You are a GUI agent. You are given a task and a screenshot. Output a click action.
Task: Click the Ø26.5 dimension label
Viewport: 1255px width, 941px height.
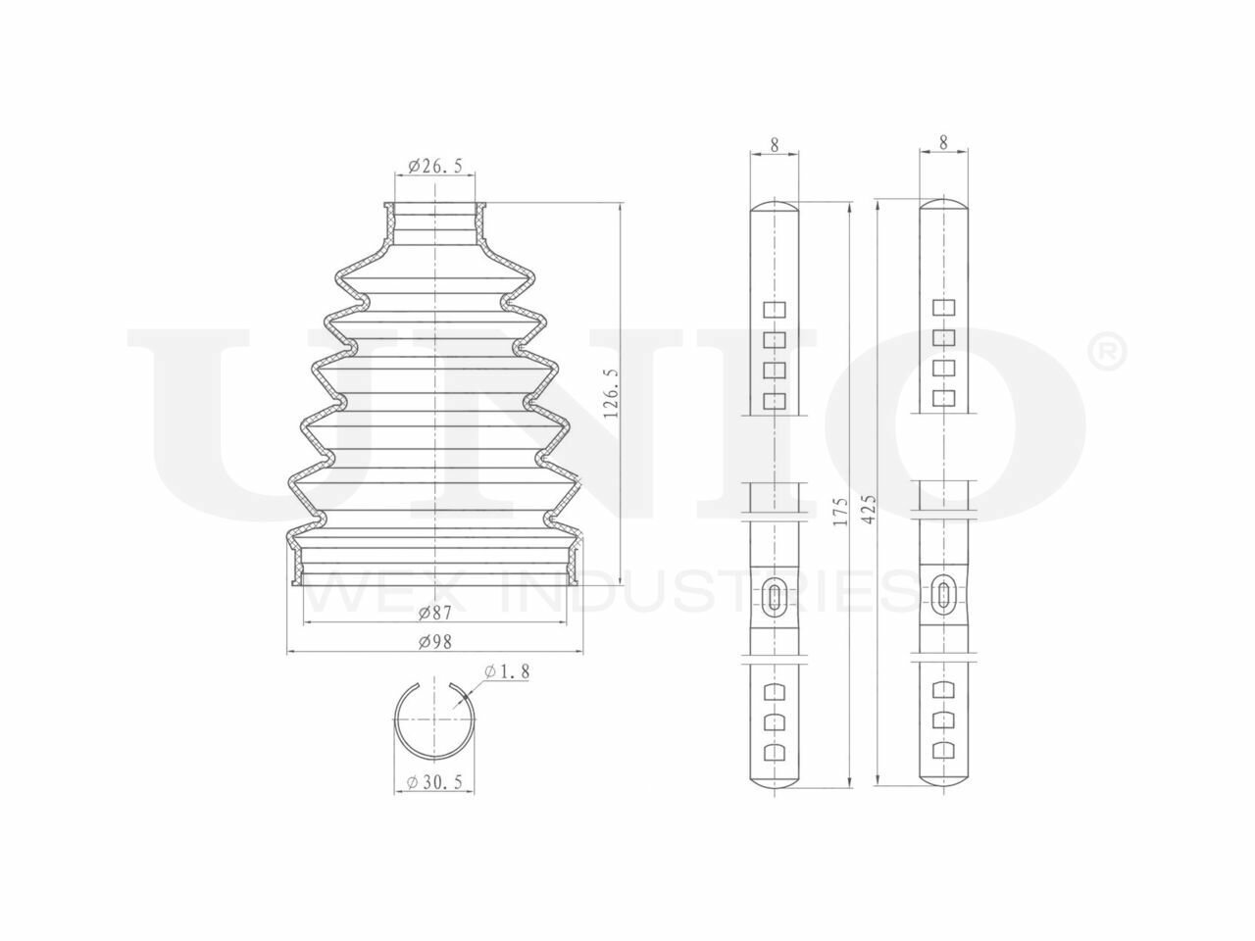435,166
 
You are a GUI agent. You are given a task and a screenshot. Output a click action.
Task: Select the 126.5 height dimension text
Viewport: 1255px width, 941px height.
611,393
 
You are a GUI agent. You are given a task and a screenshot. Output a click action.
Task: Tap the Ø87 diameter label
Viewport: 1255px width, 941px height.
435,613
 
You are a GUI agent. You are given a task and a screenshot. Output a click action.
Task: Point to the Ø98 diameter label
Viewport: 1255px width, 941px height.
435,642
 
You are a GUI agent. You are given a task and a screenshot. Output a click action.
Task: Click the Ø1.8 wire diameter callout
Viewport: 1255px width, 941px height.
507,671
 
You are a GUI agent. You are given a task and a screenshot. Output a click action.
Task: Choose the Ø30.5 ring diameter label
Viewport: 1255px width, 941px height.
434,782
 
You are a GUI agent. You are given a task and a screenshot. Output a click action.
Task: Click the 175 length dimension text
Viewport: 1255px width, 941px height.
840,512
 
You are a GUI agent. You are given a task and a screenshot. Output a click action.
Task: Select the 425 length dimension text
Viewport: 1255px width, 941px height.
869,510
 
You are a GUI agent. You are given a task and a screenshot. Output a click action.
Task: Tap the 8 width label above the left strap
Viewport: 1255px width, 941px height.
775,145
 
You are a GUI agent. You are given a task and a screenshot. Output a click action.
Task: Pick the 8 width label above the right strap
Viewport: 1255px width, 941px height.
943,143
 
